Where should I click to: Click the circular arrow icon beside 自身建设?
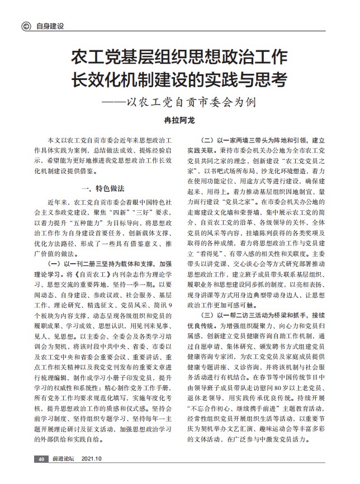(26, 26)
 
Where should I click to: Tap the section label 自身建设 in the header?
(49, 26)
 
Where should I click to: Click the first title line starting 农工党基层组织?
(179, 57)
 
